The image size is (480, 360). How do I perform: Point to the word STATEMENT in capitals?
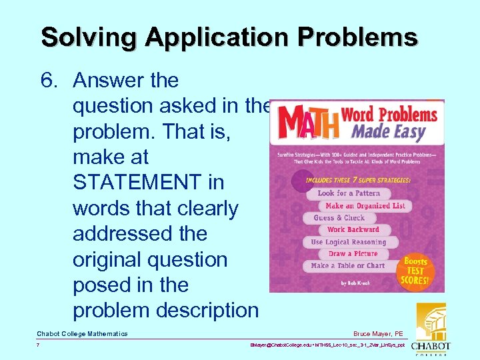(x=148, y=183)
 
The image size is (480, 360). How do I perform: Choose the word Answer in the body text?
(x=109, y=81)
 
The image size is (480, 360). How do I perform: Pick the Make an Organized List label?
(x=365, y=206)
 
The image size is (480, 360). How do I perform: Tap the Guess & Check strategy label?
(x=339, y=218)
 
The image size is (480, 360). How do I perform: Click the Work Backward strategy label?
(x=353, y=230)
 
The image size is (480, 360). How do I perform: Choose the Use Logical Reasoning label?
(x=348, y=242)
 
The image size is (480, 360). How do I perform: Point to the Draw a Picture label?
(x=353, y=254)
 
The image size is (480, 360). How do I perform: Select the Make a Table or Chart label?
(x=347, y=266)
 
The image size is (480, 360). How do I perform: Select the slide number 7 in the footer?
(x=39, y=345)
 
